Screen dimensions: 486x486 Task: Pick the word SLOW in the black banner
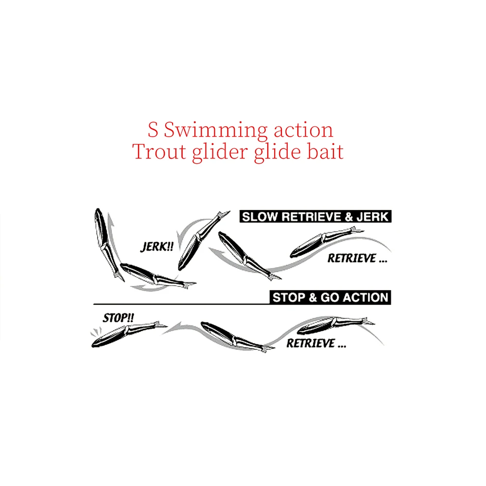(x=260, y=217)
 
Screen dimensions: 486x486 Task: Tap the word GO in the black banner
(x=330, y=297)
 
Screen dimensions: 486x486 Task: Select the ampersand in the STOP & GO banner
(x=312, y=297)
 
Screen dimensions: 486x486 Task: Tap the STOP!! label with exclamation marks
(x=118, y=318)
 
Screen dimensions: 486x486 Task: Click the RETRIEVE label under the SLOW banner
(x=357, y=259)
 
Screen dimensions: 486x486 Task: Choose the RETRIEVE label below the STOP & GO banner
(x=316, y=344)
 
